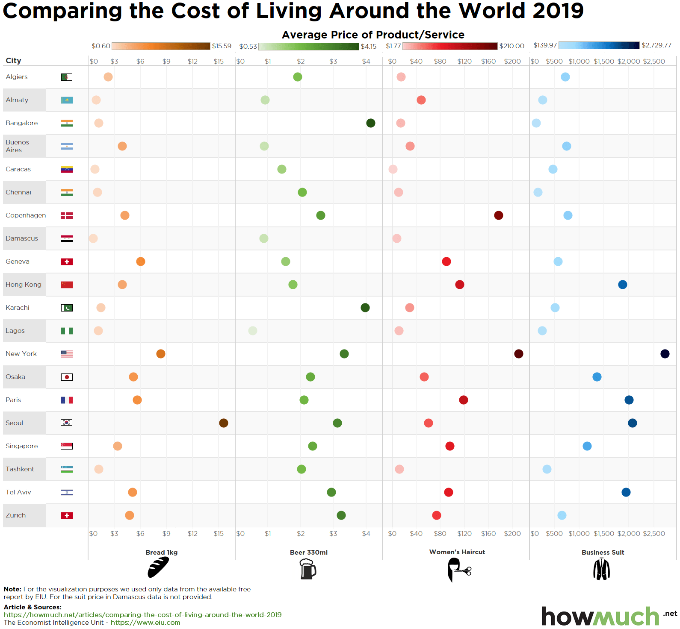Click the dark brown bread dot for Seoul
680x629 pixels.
223,423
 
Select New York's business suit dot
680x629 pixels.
665,354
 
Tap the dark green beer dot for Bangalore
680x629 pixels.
371,123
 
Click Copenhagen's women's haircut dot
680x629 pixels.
498,215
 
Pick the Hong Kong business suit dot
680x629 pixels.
623,285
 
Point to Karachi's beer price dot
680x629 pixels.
365,308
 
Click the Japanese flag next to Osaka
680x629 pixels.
67,377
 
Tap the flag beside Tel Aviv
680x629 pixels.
67,492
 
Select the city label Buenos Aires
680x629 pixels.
17,146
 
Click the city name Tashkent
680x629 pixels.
20,469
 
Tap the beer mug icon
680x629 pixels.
307,569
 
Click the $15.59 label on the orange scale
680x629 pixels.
222,46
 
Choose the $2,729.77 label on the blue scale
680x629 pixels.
656,45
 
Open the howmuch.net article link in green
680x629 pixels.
142,615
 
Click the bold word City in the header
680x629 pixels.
13,61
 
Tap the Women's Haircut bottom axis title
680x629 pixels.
457,552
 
